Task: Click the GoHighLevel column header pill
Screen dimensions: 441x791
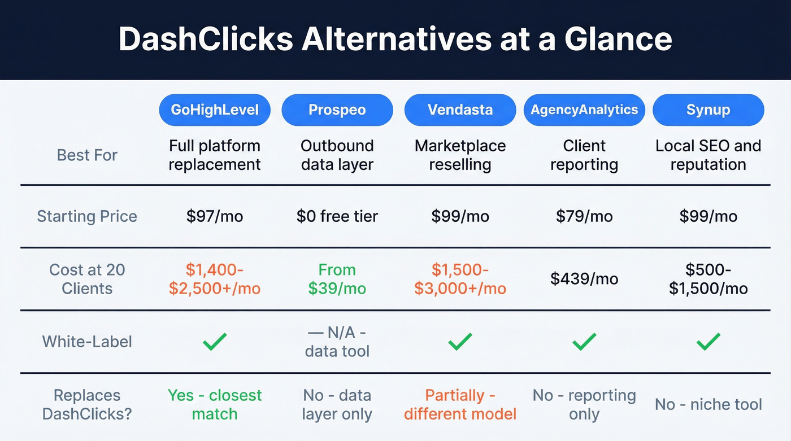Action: [x=214, y=110]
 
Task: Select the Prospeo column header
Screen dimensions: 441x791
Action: [x=337, y=110]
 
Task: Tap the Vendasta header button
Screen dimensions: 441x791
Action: [x=460, y=110]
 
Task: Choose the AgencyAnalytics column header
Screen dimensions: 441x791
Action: [x=584, y=110]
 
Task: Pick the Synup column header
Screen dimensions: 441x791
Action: [x=708, y=110]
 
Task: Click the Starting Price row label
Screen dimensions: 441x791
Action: [x=87, y=216]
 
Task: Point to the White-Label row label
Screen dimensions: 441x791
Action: [x=87, y=342]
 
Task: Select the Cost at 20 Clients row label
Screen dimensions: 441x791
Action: [x=87, y=279]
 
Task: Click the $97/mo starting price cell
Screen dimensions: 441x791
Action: [x=214, y=216]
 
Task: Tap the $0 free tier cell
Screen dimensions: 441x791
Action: [x=337, y=216]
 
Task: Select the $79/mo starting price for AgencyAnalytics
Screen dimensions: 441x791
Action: [x=584, y=216]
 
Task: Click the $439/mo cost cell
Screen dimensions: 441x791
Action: [x=584, y=279]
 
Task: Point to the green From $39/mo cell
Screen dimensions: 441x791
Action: [x=337, y=279]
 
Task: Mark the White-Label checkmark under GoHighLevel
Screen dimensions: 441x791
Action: [x=214, y=341]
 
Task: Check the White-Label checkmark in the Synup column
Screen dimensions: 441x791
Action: [x=708, y=341]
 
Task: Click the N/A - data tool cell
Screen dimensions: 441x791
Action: [x=337, y=342]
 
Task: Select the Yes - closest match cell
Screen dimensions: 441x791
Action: [x=214, y=404]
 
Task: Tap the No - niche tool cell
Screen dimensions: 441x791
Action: [x=708, y=404]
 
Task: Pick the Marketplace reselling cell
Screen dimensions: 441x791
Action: [x=460, y=155]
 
